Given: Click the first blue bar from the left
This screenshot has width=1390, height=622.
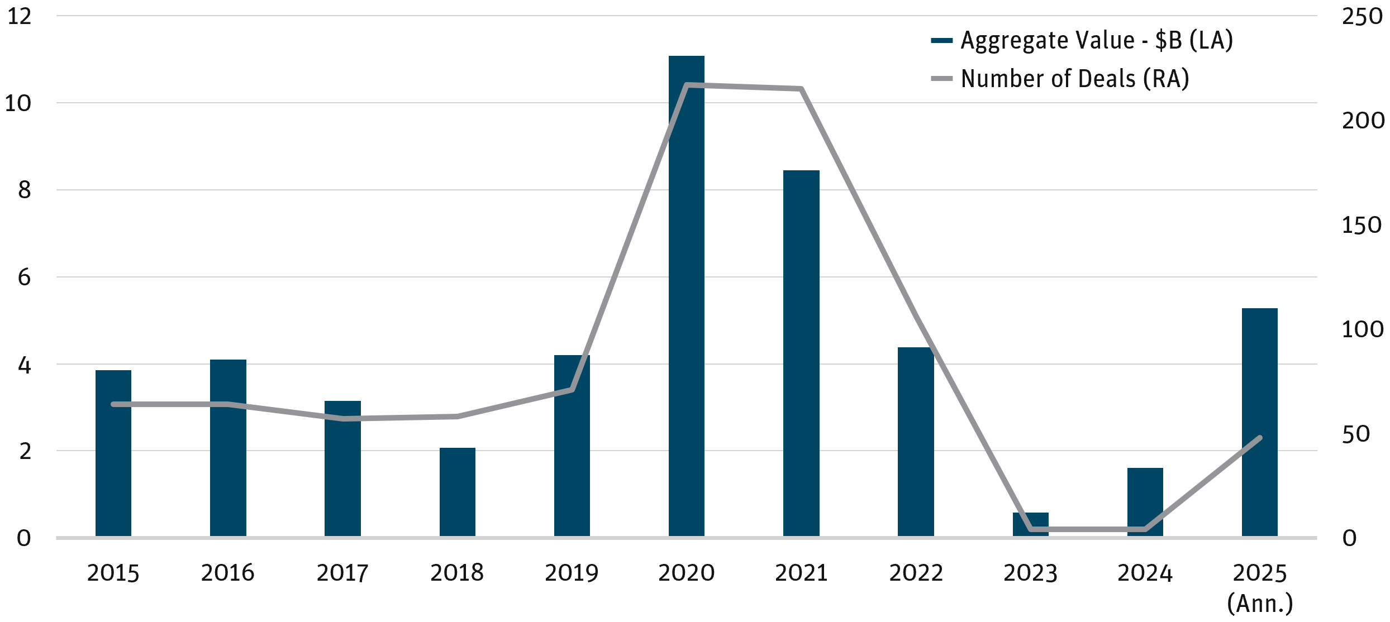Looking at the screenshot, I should coord(113,491).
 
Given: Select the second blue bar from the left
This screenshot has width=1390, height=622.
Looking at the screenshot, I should coord(228,491).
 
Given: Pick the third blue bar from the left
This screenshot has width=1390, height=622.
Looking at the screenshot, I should coord(342,491).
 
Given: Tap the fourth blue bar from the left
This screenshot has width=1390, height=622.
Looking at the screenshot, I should coord(458,491).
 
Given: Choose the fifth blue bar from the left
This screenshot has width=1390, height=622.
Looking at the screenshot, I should coord(572,491).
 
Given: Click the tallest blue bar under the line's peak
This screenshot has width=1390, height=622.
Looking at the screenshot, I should coord(687,335).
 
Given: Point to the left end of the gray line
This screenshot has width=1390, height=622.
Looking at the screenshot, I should coord(113,404).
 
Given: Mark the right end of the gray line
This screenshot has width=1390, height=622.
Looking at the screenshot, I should coord(1260,438).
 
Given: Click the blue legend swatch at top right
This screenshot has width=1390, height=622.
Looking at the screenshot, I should coord(946,42).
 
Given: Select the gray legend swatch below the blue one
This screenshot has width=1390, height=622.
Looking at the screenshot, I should coord(946,79).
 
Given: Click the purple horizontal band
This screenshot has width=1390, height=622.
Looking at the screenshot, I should coord(307,250).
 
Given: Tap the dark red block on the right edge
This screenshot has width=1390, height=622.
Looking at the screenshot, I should coord(1366,292).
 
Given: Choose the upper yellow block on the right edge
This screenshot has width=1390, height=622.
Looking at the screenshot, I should coord(1366,385).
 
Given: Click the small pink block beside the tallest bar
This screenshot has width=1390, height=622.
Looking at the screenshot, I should coord(660,207).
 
